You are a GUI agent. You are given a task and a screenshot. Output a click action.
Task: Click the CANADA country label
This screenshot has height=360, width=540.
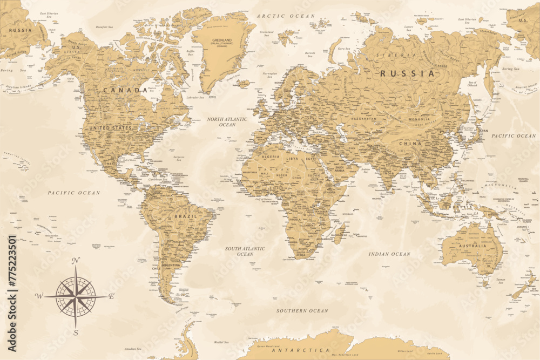point(125,90)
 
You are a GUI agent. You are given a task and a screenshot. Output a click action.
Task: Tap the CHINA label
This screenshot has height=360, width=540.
point(410,144)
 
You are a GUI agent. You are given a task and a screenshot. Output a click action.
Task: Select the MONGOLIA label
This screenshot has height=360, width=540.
point(419,119)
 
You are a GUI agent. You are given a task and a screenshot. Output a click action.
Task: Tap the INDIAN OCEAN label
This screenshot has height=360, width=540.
point(389,254)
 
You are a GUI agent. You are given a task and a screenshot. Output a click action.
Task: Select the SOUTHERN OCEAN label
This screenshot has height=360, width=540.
point(302,311)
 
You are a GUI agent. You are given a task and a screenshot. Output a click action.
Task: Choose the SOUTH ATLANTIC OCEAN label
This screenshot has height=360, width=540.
point(245,251)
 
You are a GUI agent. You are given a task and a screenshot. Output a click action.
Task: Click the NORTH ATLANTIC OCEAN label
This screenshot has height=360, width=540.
point(227,121)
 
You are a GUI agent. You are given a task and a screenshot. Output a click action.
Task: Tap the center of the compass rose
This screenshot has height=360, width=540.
point(76,296)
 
